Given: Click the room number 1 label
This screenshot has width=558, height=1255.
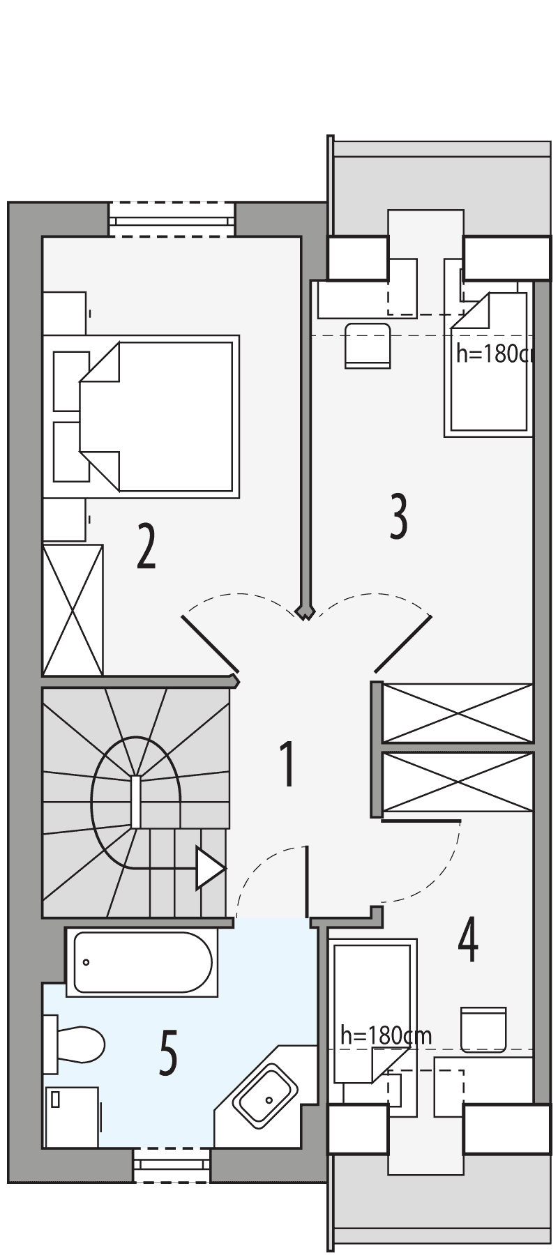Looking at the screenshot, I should pyautogui.click(x=286, y=765).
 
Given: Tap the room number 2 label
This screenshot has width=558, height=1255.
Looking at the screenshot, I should pyautogui.click(x=146, y=547).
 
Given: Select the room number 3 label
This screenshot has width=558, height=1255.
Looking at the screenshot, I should pyautogui.click(x=398, y=516).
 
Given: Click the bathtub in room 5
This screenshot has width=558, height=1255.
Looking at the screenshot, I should pyautogui.click(x=142, y=961).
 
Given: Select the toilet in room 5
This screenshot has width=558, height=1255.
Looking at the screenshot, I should pyautogui.click(x=75, y=1044).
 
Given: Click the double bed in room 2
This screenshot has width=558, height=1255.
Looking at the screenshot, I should pyautogui.click(x=160, y=416).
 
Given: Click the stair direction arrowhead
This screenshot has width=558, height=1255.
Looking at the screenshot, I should pyautogui.click(x=210, y=869).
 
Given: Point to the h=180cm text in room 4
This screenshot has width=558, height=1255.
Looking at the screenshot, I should pyautogui.click(x=386, y=1035).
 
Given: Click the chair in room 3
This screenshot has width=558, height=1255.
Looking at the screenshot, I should pyautogui.click(x=367, y=345).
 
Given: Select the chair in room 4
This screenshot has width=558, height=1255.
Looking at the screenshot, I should pyautogui.click(x=483, y=1028).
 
